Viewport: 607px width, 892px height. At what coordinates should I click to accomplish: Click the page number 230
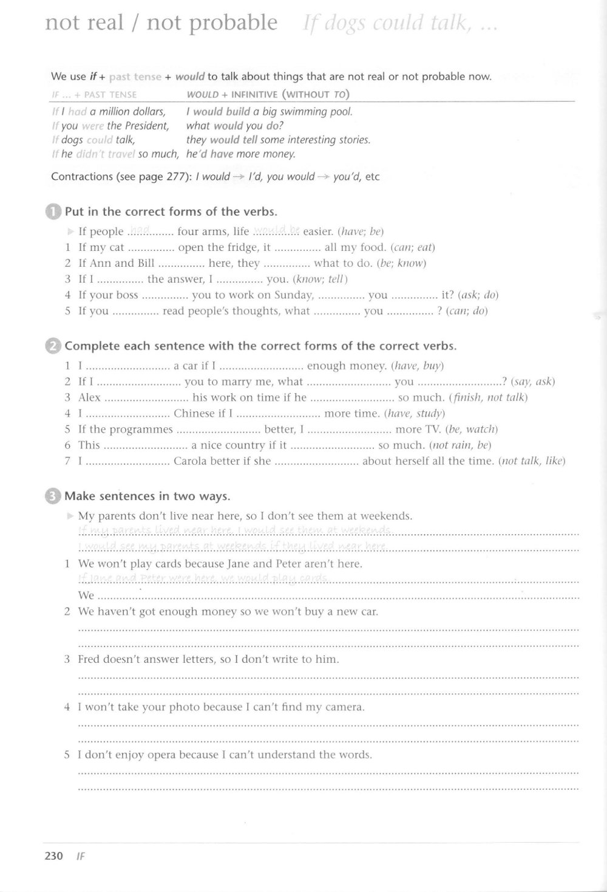coord(53,856)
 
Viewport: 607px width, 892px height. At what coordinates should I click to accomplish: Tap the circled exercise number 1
coord(53,212)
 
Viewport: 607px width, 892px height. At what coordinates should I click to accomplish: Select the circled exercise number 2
coord(53,346)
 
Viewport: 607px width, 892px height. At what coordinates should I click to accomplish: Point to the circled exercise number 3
coord(53,496)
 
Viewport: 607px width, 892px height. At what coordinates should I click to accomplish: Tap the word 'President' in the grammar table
coord(146,126)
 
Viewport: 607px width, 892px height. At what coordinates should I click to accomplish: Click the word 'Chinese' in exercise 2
coord(194,414)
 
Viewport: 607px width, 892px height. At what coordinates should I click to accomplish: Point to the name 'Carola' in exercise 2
coord(191,461)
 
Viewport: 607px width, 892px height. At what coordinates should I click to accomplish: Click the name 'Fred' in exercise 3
coord(89,659)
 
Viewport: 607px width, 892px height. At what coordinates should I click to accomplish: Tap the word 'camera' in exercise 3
coord(344,707)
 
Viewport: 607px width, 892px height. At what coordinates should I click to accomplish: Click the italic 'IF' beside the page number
coord(80,856)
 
